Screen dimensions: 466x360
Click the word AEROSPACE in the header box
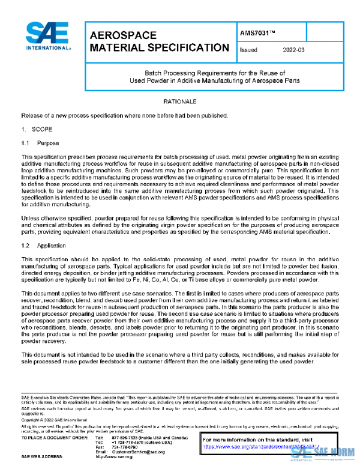tap(123, 36)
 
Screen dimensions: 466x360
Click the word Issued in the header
tap(248, 50)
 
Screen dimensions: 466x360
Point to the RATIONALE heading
tap(180, 103)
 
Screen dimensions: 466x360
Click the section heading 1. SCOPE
tap(37, 129)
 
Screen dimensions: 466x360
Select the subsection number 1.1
tap(25, 144)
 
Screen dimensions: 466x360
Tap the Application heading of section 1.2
tap(51, 229)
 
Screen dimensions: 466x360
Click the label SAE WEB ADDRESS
tap(44, 458)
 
